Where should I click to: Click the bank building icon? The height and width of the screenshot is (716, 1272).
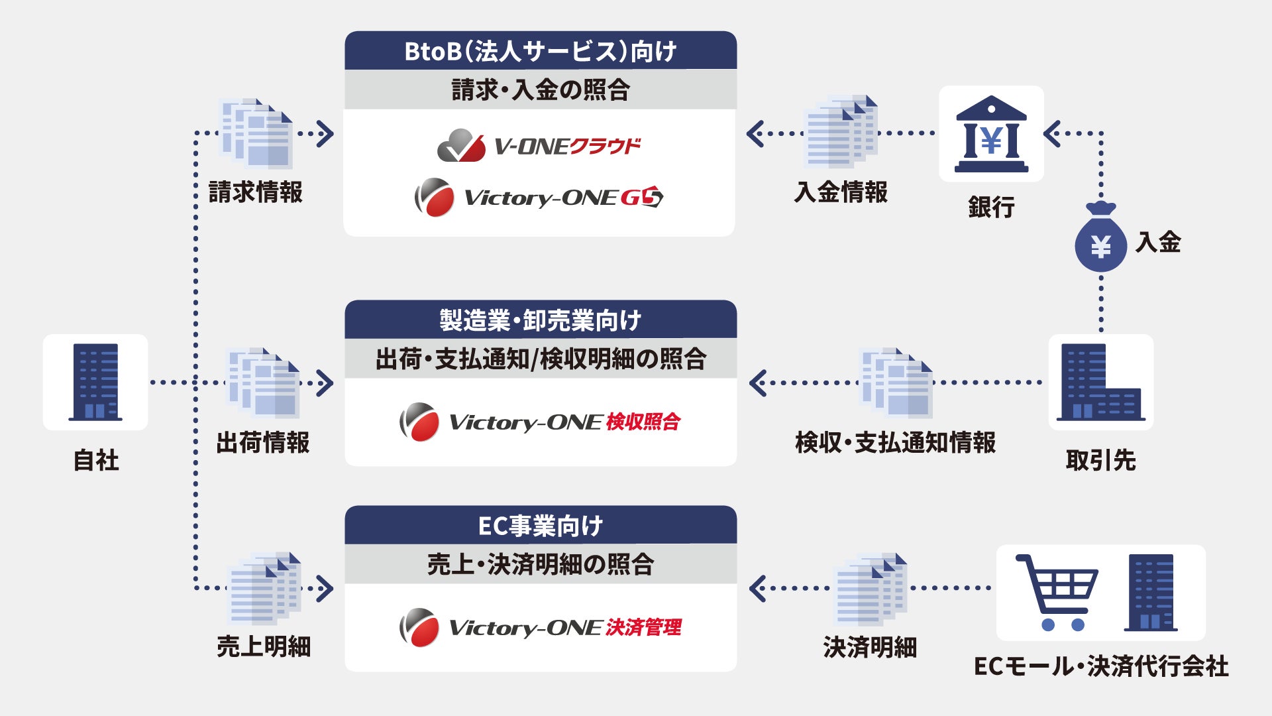click(991, 135)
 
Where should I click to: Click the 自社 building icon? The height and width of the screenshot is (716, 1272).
click(95, 382)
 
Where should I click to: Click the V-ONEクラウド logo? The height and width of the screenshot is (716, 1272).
click(539, 145)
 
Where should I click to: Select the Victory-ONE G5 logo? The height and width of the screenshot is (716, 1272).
click(539, 197)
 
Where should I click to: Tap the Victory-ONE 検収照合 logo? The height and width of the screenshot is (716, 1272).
click(541, 422)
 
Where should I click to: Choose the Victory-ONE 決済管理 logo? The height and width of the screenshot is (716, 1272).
click(541, 627)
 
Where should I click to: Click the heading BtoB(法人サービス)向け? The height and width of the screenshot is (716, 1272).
click(541, 51)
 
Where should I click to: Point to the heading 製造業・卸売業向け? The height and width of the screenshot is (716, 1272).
click(541, 320)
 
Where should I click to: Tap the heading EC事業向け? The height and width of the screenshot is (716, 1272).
click(541, 526)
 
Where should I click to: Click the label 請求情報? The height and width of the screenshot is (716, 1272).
click(256, 192)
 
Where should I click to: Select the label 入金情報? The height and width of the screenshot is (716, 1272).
click(841, 192)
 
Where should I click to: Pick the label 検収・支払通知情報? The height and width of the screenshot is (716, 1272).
click(895, 442)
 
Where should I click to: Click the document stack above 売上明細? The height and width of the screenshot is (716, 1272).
click(264, 588)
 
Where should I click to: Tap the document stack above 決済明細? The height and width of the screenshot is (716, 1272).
click(870, 588)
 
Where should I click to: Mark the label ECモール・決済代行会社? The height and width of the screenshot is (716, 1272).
click(1100, 666)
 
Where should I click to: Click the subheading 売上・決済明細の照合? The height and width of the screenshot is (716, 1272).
click(541, 565)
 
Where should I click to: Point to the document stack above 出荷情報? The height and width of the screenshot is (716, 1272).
click(263, 383)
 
